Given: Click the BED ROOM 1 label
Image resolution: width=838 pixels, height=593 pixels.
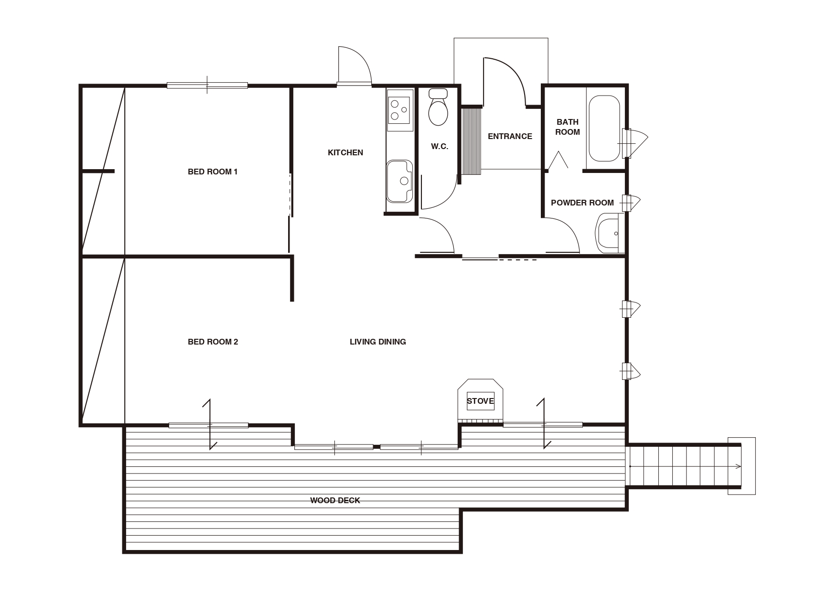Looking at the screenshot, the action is [x=213, y=172].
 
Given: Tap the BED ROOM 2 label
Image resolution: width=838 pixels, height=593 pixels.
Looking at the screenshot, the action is [x=213, y=342].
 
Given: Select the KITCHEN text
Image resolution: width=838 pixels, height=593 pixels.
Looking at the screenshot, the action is [x=345, y=152].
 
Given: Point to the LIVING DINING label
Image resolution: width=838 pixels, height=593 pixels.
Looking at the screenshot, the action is [x=378, y=342].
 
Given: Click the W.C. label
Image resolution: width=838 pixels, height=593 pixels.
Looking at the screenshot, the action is [x=440, y=146].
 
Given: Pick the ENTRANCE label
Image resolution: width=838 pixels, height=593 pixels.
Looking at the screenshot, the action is [x=510, y=136].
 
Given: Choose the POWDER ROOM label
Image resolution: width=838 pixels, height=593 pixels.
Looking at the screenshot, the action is [x=582, y=203].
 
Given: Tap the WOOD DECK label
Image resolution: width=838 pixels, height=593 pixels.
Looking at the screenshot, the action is [x=335, y=500].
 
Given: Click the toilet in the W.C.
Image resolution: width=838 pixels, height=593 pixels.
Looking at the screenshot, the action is [x=438, y=107].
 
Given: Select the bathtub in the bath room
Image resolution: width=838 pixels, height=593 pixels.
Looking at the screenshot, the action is [x=604, y=129].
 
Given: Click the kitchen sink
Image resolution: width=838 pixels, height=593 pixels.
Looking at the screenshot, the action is [x=399, y=181].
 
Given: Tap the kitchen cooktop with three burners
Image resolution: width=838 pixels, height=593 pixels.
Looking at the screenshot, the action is [x=400, y=109].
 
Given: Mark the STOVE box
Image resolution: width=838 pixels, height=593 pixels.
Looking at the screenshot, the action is [x=480, y=401].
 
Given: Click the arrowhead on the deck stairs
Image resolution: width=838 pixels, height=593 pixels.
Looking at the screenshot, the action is [x=739, y=466].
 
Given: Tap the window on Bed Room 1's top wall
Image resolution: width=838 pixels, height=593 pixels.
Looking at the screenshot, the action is [x=207, y=86].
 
